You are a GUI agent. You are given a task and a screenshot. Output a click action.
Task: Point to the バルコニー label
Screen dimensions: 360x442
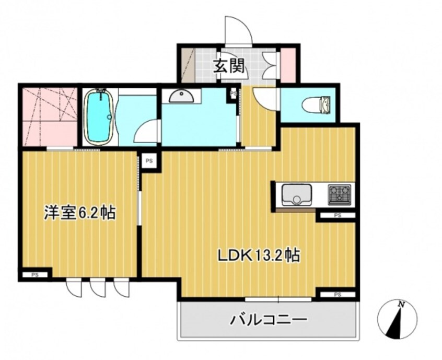(x=267, y=319)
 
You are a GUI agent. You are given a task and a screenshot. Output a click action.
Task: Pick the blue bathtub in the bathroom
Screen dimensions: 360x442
(x=98, y=117)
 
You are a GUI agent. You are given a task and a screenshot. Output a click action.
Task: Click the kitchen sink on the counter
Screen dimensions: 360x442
(x=296, y=195)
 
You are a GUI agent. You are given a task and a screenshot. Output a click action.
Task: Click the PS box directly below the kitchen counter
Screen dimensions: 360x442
(x=337, y=215)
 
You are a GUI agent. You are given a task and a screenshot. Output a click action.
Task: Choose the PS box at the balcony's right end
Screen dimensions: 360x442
(x=337, y=295)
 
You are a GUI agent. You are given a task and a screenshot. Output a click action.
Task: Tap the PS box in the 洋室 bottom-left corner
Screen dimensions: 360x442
(x=35, y=273)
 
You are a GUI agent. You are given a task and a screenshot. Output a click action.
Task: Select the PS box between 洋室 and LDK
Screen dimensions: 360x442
(x=149, y=160)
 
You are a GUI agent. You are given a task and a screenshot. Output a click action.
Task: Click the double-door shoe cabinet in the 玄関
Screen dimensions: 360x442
(x=271, y=65)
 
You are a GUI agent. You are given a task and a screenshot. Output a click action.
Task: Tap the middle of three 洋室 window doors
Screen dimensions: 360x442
(x=97, y=287)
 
